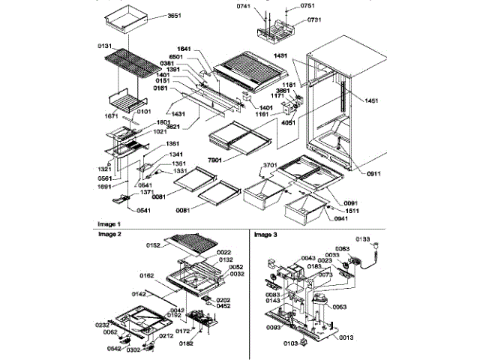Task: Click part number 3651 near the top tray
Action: click(175, 16)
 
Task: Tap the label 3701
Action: click(271, 166)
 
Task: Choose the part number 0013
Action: click(347, 338)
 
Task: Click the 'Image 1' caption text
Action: click(111, 224)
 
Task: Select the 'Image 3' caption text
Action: click(265, 235)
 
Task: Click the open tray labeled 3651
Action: click(130, 16)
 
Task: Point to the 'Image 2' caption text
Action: click(111, 234)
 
